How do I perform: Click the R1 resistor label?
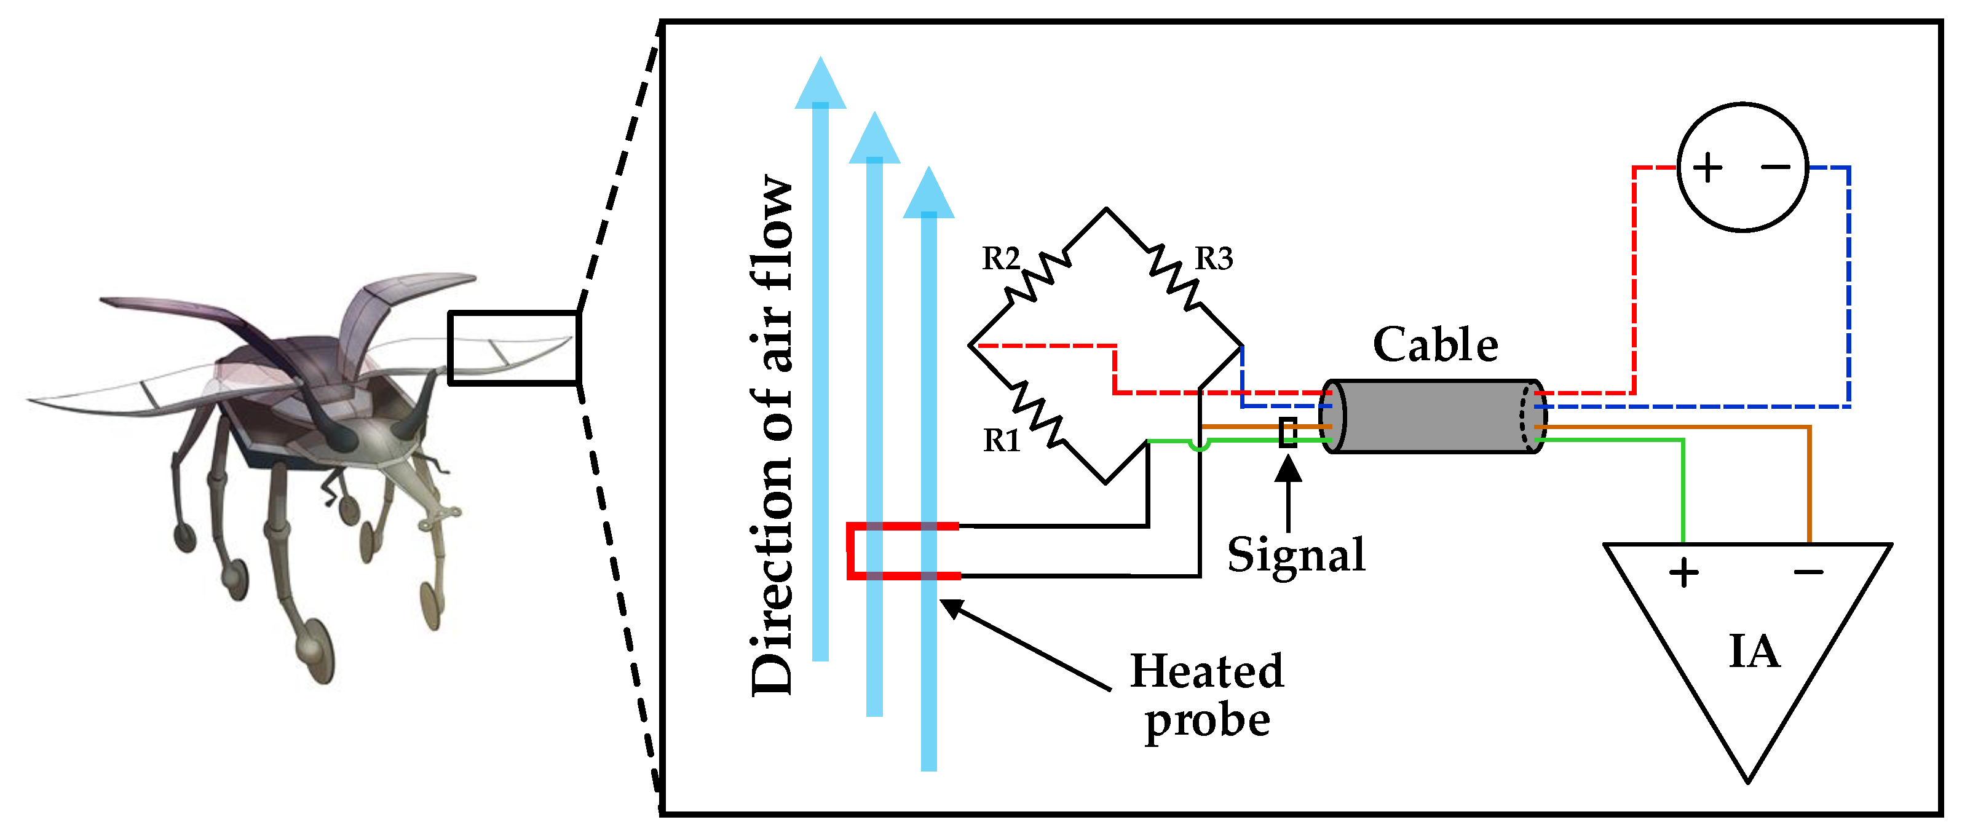1002,441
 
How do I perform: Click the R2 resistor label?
1000,259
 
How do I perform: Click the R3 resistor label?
1213,259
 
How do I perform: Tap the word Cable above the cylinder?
1435,345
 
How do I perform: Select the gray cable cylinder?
1435,417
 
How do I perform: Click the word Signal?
1295,555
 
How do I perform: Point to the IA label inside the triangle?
1754,652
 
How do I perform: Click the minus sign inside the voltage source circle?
1776,167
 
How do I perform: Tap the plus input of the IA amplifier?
1683,572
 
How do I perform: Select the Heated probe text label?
1206,695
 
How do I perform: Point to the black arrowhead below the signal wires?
1288,468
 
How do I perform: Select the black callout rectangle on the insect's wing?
515,348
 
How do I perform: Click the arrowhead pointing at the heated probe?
951,607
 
